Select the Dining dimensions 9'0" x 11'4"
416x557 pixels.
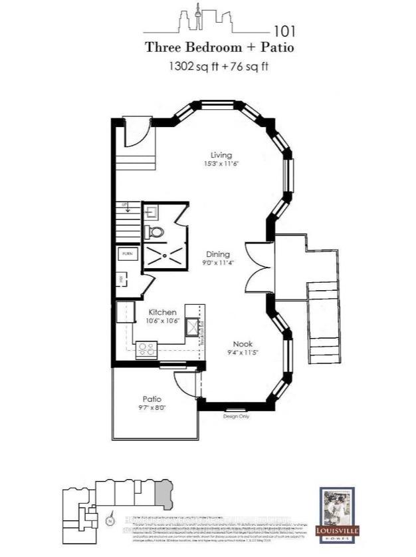(x=217, y=263)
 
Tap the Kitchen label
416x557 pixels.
(x=161, y=311)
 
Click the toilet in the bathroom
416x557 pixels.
(x=156, y=232)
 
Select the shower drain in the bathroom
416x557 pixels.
(x=163, y=255)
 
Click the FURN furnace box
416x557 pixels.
(x=128, y=254)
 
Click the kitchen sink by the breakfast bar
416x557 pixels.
(x=193, y=327)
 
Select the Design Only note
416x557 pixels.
(x=234, y=415)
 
